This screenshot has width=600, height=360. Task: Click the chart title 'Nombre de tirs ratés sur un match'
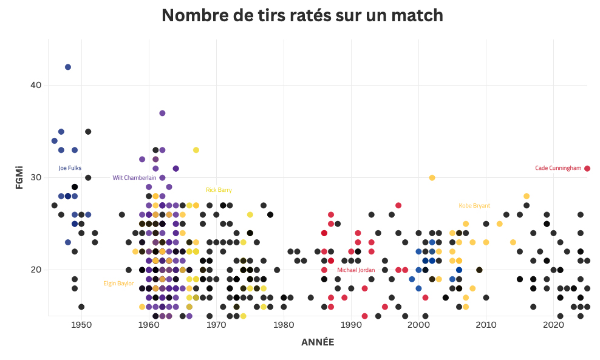[302, 16]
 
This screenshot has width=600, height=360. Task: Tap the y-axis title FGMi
[19, 177]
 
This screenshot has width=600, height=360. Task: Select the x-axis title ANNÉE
[318, 342]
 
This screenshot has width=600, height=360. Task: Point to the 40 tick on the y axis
[35, 85]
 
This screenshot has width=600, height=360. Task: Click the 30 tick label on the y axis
[35, 177]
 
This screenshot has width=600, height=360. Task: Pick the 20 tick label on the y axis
[35, 270]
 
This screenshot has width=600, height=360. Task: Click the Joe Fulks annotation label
[70, 168]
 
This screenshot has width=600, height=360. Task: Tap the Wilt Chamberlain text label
[134, 178]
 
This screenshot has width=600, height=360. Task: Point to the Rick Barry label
[219, 190]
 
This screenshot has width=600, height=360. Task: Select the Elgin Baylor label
[118, 284]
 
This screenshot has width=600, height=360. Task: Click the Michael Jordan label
[356, 270]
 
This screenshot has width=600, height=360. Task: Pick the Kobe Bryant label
[474, 206]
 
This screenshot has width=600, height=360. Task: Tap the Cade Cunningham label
[558, 168]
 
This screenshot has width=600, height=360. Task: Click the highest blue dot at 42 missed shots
[68, 67]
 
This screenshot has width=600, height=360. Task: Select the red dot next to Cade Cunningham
[587, 168]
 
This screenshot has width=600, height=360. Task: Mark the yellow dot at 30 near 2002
[432, 178]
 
